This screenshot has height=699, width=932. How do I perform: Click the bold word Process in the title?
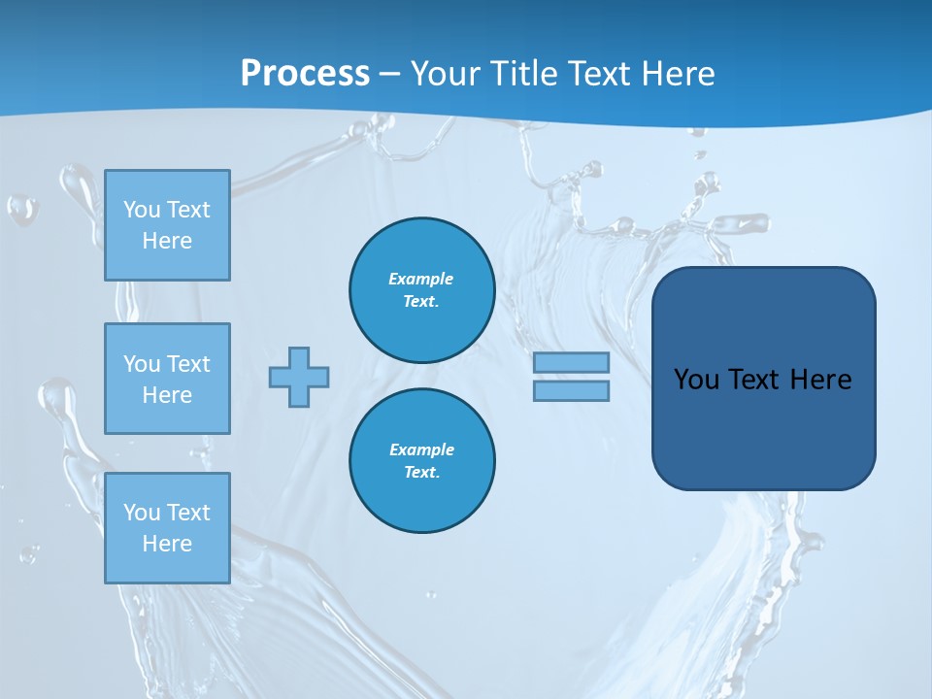[305, 74]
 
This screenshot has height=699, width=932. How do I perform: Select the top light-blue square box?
[167, 225]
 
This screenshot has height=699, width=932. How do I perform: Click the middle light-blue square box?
[167, 379]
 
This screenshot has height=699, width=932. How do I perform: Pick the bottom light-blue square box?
[167, 528]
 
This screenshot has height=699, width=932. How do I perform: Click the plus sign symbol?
[299, 377]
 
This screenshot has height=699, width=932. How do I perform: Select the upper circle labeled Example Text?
[422, 290]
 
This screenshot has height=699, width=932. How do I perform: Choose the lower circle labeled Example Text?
[422, 461]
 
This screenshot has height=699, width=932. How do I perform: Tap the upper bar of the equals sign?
[571, 362]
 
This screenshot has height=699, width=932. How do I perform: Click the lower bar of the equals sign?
[571, 390]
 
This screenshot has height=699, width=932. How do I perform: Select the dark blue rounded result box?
[763, 379]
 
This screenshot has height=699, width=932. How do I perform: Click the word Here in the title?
[680, 74]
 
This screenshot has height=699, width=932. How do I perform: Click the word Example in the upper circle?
[421, 279]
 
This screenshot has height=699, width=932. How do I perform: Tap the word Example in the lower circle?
[421, 449]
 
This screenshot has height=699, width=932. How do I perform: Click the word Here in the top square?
[167, 241]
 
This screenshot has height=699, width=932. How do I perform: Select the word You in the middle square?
[141, 364]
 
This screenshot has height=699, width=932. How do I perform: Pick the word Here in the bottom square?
[167, 544]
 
